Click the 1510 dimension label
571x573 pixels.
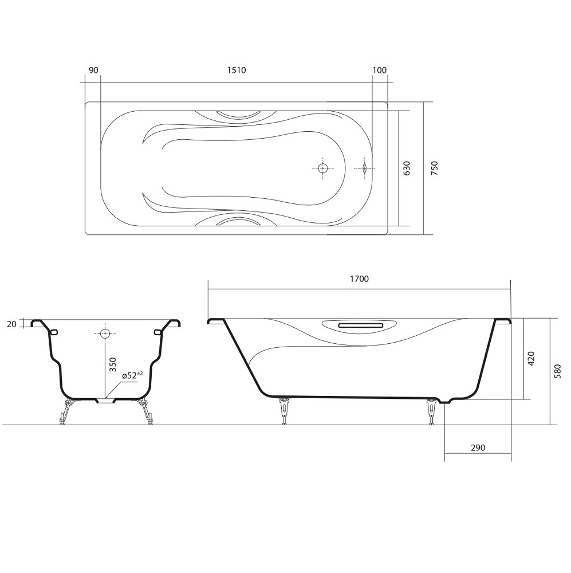click(237, 70)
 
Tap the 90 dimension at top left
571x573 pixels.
click(93, 70)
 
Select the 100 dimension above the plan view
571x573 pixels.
click(380, 70)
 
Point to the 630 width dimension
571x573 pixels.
click(407, 168)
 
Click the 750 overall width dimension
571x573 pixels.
click(434, 168)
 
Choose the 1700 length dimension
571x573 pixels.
click(360, 279)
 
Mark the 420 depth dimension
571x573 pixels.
click(531, 359)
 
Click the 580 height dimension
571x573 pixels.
click(557, 371)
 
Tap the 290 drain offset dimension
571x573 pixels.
click(478, 448)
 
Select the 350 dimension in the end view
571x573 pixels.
click(113, 364)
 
